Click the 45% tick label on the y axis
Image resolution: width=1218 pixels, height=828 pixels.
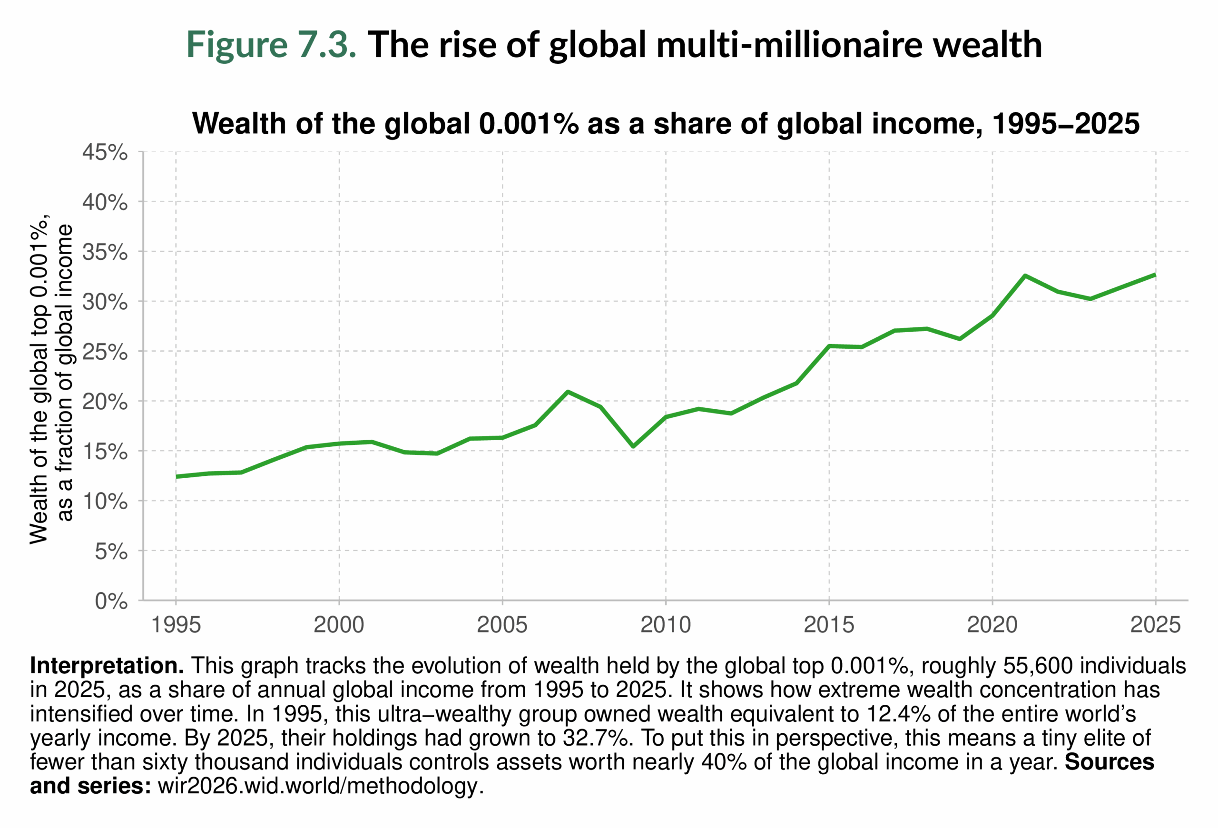point(105,152)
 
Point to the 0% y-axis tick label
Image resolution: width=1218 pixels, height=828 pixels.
point(111,601)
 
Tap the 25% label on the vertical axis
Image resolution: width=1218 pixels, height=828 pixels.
point(105,352)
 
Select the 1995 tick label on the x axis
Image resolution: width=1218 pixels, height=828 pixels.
point(176,625)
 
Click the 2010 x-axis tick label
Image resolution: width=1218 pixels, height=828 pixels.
point(666,625)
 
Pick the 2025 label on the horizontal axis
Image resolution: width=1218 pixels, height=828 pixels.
point(1155,625)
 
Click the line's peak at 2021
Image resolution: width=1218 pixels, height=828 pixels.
point(1025,276)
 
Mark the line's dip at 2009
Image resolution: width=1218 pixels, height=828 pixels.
point(633,446)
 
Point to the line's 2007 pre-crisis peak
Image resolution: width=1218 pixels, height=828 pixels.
point(568,392)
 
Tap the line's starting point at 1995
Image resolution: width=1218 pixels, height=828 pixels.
point(177,476)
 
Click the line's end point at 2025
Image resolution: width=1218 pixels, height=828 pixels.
point(1155,275)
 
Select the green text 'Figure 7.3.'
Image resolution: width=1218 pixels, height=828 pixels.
point(272,45)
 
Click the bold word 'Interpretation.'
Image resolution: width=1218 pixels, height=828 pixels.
point(107,666)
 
